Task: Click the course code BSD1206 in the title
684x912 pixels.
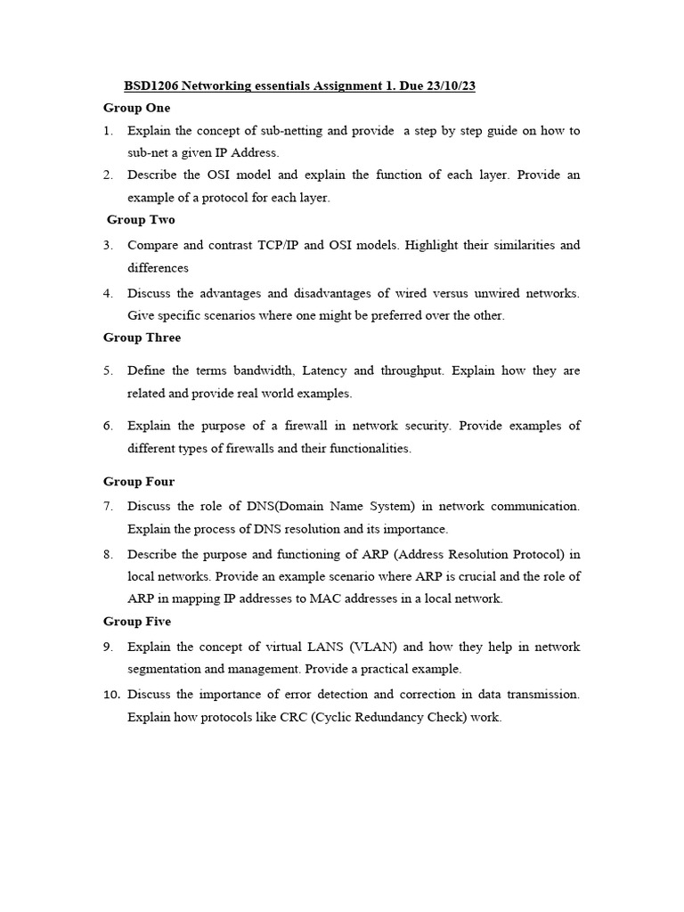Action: coord(151,85)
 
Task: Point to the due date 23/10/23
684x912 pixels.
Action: coord(456,85)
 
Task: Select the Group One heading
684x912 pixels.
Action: coord(136,108)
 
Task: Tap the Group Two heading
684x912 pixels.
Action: coord(141,219)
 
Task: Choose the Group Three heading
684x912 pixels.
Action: coord(142,338)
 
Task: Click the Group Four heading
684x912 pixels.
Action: coord(139,482)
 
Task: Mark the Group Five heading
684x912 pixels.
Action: coord(137,622)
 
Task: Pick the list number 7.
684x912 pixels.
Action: coord(108,506)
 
